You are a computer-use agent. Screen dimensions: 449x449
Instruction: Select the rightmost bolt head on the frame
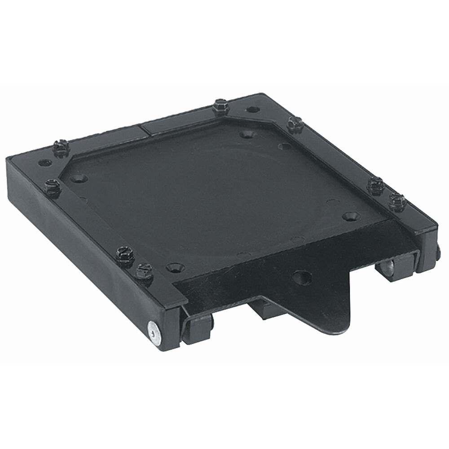pos(397,202)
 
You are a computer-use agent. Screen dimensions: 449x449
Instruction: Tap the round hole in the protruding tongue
pos(301,277)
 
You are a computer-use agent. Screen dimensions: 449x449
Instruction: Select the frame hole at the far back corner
pos(253,109)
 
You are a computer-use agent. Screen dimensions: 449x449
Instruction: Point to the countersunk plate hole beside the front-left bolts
pos(175,268)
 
